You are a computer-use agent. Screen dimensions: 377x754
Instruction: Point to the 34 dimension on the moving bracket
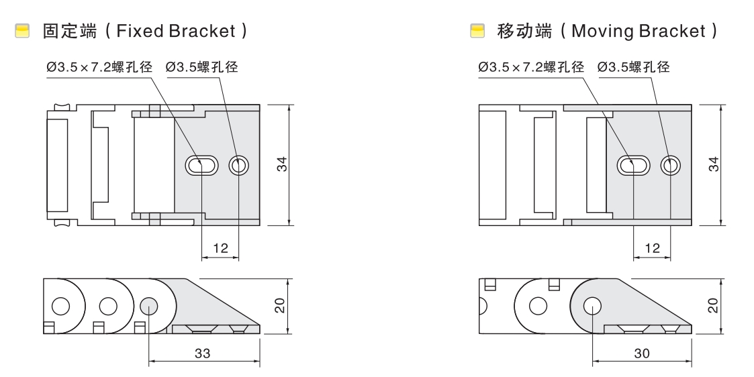pos(714,164)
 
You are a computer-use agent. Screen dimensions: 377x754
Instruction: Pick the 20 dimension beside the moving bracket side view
pos(714,305)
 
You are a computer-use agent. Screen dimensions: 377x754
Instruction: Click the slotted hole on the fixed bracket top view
pos(201,165)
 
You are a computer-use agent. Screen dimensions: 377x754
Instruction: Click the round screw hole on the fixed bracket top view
pos(239,165)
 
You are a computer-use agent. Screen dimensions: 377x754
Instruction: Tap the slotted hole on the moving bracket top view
pos(634,165)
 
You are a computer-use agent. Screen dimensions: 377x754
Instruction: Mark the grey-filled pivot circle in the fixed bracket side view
pos(148,307)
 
